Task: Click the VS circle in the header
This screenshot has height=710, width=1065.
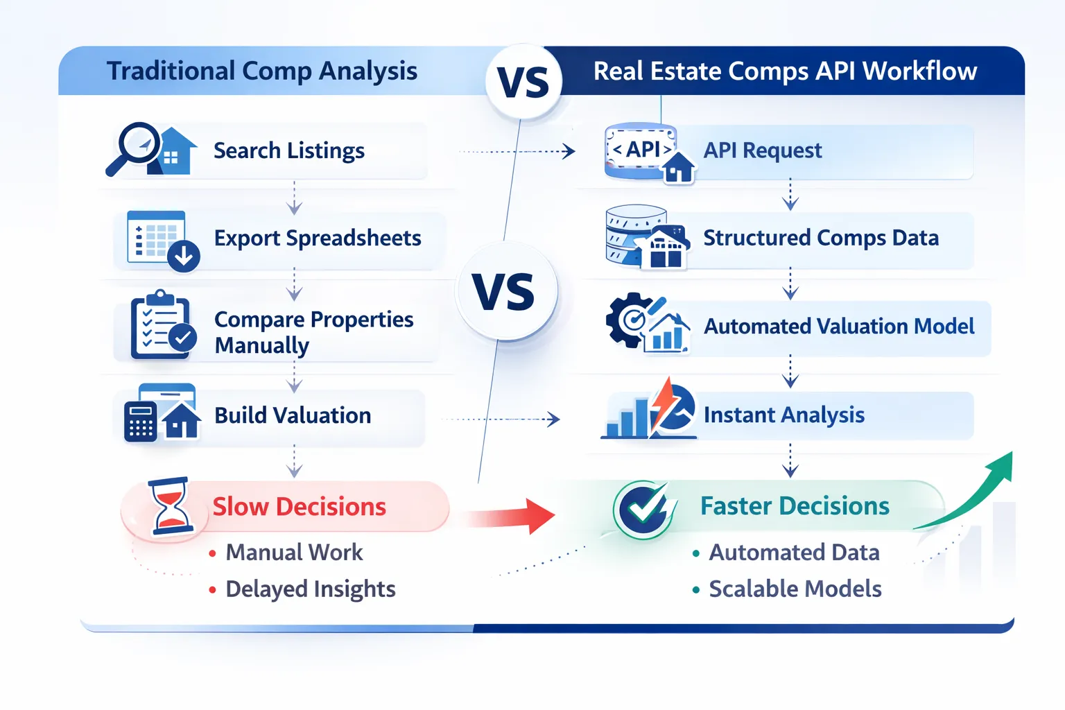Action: [523, 82]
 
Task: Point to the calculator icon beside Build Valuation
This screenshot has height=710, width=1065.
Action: [141, 420]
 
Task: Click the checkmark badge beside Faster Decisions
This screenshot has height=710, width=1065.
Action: [643, 509]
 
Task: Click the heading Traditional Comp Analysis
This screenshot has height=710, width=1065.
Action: [262, 71]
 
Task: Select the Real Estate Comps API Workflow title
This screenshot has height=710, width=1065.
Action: [785, 71]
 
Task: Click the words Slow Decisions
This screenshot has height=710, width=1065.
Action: [299, 507]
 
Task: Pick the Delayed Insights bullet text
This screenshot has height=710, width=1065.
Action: [310, 589]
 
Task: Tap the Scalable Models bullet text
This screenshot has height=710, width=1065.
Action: [795, 589]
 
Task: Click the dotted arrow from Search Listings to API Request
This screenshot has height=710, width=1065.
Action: [517, 151]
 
